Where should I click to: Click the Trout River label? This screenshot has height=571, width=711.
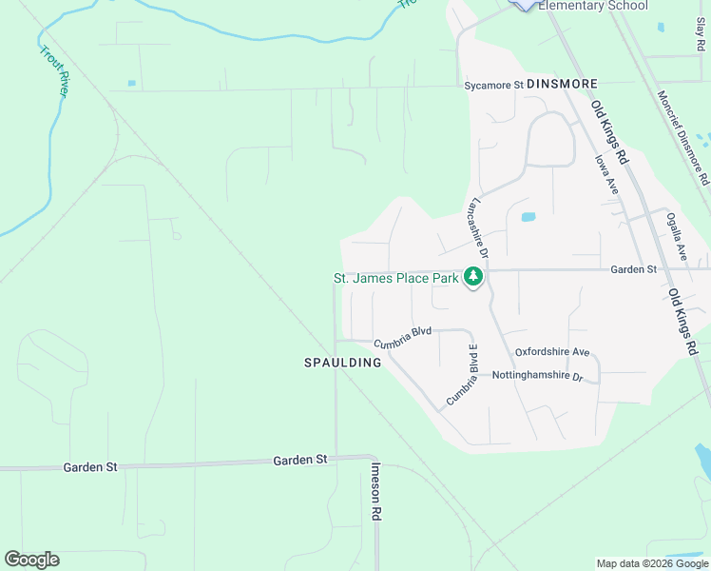(53, 69)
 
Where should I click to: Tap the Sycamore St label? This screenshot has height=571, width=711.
(493, 85)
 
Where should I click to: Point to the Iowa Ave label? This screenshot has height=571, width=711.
(607, 176)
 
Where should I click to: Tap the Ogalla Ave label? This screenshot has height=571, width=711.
(677, 237)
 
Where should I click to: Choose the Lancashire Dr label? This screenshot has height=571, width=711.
(477, 228)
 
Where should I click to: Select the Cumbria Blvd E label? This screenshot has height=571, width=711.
(462, 376)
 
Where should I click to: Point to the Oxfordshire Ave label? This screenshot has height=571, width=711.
(552, 352)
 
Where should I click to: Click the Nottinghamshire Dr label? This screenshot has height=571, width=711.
(537, 376)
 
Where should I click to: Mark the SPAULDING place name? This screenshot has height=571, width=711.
(342, 363)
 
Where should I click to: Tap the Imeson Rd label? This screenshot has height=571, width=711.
(376, 491)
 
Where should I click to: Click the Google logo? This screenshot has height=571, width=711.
(31, 560)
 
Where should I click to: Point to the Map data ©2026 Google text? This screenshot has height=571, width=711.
(651, 563)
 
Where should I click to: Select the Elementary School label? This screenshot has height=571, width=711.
(593, 6)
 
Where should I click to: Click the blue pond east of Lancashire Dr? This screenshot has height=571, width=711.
(528, 217)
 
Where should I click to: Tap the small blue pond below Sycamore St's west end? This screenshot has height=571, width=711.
(131, 83)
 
